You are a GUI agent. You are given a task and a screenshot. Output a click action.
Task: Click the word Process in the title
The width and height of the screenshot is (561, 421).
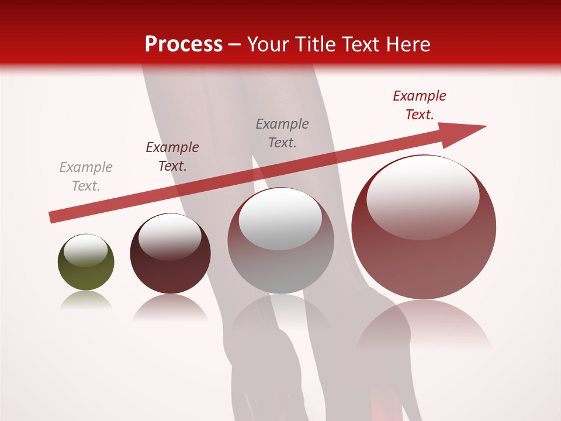coord(183,44)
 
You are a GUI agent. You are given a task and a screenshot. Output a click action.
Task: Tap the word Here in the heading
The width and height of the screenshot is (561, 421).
coord(407,44)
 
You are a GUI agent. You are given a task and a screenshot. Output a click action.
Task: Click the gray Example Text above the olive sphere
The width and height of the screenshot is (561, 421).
coord(86,177)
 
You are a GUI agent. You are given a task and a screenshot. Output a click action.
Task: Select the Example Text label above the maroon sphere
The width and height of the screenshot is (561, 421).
coord(172,157)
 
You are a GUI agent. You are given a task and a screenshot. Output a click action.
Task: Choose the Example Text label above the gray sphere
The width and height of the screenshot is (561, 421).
coord(282,133)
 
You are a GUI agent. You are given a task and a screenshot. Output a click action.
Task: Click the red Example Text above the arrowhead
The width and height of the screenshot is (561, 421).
coord(420,105)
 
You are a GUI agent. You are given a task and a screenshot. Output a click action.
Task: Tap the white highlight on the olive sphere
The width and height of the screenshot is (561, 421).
coord(85,250)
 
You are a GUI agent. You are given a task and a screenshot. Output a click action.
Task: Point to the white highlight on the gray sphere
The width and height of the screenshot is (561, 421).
coord(280,219)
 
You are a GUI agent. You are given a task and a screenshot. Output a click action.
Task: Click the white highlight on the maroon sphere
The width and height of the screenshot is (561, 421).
coord(169,237)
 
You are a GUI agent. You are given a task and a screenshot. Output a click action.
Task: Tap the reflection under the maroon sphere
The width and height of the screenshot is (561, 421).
coord(170,307)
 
